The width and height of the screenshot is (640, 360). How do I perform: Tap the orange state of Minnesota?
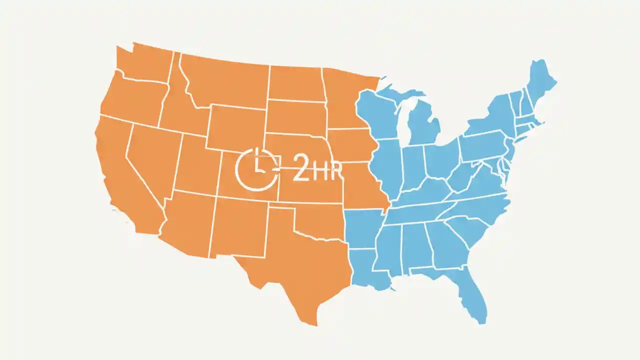(x=345, y=100)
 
